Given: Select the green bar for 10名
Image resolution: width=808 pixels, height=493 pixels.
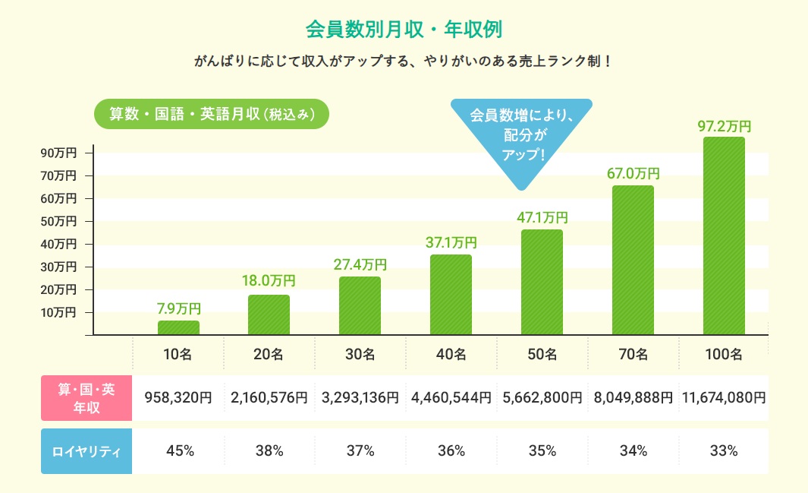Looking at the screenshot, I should [x=178, y=327].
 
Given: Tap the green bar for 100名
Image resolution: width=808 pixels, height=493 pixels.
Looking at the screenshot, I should [x=724, y=235].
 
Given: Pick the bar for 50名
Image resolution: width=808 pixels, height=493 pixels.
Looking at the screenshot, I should [x=542, y=282].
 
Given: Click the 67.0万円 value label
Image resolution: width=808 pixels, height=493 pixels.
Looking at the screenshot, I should [x=633, y=173].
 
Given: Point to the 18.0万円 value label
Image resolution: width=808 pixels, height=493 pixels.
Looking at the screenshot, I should [x=269, y=281].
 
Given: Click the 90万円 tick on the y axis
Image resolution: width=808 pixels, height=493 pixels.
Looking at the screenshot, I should [x=58, y=153].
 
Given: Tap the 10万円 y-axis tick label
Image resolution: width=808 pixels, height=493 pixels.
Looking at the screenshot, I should [x=58, y=312].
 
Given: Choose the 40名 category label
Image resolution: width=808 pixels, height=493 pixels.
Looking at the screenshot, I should [x=451, y=354].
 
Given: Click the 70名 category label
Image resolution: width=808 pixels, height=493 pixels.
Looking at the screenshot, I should [x=633, y=354].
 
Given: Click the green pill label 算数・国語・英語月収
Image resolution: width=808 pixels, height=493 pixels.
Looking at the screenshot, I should [x=211, y=114].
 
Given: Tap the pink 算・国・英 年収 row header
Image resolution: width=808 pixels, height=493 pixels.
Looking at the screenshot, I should [x=86, y=397].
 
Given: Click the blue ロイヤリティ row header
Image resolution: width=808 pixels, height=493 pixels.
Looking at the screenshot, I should [x=86, y=451].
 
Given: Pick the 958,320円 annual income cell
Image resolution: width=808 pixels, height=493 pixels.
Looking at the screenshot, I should [x=178, y=397].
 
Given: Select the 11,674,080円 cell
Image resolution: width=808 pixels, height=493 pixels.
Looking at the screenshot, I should [x=724, y=397].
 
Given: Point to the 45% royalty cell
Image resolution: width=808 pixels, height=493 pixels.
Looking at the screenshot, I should [x=178, y=451].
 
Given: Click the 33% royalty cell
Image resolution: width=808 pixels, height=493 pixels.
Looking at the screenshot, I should [x=724, y=451].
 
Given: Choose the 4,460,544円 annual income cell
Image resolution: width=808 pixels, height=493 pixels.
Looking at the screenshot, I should [x=451, y=397].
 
